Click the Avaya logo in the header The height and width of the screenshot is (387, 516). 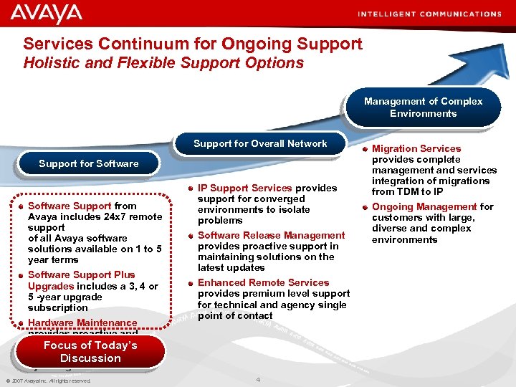(x=47, y=14)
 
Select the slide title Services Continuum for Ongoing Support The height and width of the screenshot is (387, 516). (x=193, y=44)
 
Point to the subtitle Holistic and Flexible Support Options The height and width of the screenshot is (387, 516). (x=164, y=63)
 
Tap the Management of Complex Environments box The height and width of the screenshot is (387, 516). (x=423, y=107)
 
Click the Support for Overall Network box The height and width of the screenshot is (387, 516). (x=260, y=143)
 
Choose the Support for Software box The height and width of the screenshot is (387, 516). (x=89, y=163)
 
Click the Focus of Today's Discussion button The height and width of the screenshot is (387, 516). (x=90, y=352)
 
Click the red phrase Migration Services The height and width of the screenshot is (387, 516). (x=416, y=148)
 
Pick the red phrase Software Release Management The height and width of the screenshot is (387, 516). (x=271, y=235)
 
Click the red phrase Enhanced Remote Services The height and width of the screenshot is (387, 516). (x=263, y=282)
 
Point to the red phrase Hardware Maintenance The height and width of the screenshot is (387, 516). (x=82, y=323)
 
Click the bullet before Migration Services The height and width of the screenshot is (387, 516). (x=365, y=149)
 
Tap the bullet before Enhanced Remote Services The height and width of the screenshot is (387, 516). (x=190, y=283)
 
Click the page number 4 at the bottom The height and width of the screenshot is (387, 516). (x=258, y=378)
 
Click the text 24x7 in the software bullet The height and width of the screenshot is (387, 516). (x=114, y=216)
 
